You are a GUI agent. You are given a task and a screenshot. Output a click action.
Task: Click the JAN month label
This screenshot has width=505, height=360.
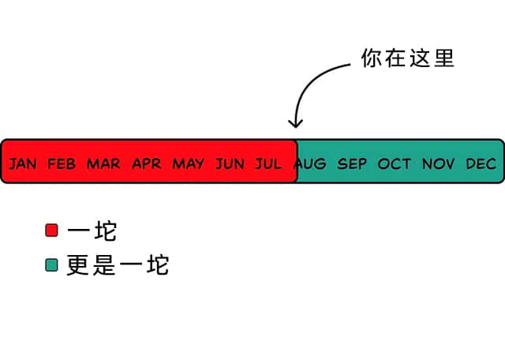[x=23, y=163]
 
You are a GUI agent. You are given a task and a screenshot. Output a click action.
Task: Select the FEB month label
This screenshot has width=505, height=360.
[x=62, y=163]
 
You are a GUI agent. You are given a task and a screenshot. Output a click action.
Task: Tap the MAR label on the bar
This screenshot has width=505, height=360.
[x=103, y=163]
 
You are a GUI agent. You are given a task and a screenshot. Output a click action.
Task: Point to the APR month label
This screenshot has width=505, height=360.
[x=147, y=163]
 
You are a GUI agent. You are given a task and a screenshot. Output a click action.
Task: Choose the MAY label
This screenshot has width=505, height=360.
[x=189, y=163]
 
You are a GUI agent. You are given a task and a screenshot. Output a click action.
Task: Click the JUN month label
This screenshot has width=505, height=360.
[x=230, y=163]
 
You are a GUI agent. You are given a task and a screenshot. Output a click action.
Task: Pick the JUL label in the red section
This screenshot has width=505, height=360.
[x=268, y=163]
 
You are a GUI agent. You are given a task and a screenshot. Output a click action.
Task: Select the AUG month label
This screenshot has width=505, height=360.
[x=310, y=163]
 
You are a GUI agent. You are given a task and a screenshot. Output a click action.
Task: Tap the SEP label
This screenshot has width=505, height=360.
[x=352, y=163]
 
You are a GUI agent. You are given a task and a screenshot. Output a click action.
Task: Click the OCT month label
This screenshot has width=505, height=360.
[x=395, y=163]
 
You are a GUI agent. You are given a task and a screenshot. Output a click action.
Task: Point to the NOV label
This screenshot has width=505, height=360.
[x=438, y=163]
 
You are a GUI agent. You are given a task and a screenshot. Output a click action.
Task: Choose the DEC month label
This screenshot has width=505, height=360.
[x=481, y=163]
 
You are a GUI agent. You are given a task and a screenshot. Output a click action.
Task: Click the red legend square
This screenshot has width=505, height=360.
[x=51, y=230]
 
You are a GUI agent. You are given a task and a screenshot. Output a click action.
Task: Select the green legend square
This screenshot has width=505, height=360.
[x=51, y=265]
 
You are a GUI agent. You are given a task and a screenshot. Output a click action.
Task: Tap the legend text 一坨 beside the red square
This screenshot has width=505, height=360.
[x=92, y=231]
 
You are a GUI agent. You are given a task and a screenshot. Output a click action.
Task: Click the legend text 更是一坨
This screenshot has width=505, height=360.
[x=118, y=265]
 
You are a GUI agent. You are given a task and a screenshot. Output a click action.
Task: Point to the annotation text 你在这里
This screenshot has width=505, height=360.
[x=408, y=58]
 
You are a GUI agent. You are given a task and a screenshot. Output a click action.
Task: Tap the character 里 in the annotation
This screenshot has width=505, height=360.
[x=444, y=58]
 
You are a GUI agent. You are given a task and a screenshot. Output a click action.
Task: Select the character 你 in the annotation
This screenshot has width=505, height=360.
[x=372, y=58]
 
